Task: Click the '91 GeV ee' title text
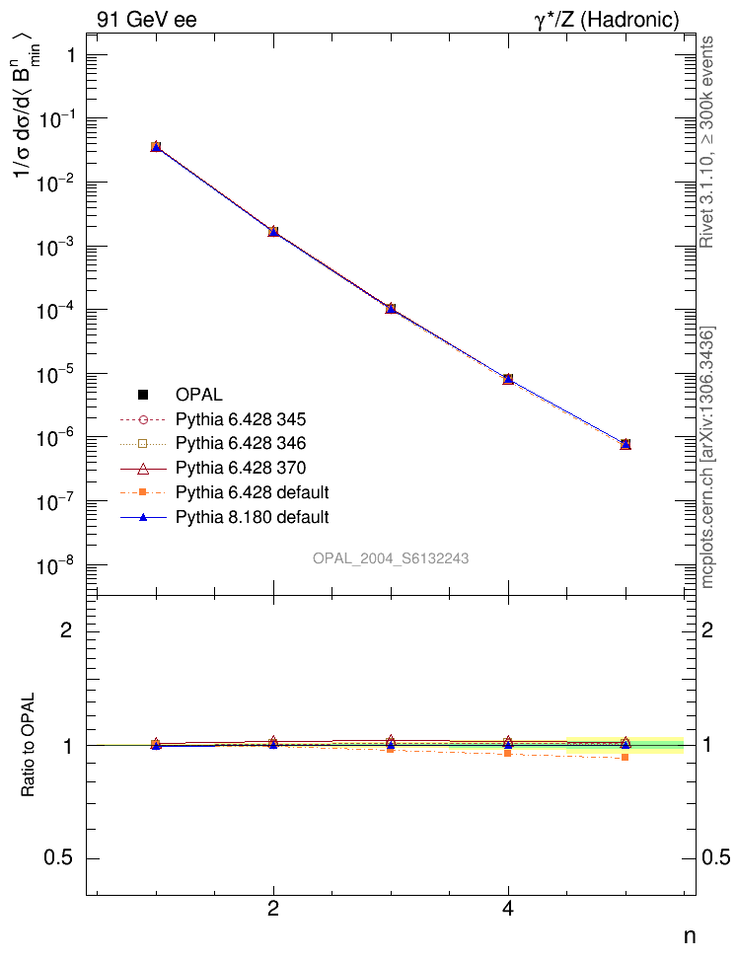pos(146,20)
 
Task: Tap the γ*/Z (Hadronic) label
pos(607,20)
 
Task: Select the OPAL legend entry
pos(199,395)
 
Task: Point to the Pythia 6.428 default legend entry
pos(252,491)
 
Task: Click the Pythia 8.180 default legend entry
pos(252,516)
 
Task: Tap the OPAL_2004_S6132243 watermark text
pos(391,558)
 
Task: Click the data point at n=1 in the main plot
pos(156,147)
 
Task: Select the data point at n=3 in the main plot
pos(391,309)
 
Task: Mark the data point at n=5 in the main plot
pos(626,444)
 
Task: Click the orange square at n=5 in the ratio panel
pos(626,757)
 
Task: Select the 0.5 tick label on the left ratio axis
pos(59,857)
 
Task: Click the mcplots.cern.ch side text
pos(707,459)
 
